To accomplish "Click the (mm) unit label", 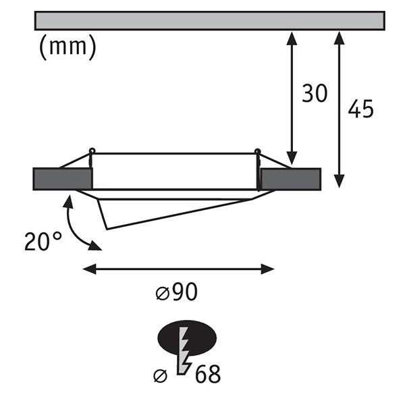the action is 67,47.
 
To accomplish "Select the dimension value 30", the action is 315,93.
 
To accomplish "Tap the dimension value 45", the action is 360,109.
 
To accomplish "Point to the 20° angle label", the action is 43,241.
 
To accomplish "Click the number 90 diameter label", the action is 184,292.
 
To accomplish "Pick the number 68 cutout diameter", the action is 208,374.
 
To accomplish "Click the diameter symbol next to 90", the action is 163,294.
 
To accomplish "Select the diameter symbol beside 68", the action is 160,375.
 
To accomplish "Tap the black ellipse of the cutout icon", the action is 187,338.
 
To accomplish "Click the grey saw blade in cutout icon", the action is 184,350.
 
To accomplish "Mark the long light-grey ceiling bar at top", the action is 210,20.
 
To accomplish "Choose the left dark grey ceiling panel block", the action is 63,179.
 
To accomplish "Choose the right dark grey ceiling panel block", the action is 291,180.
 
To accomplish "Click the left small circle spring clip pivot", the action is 92,151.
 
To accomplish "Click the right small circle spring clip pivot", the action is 257,151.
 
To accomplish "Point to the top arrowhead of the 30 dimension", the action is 292,38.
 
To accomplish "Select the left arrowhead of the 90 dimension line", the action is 89,269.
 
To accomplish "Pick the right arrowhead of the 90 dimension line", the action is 267,269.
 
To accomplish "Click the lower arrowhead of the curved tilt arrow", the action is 94,246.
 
